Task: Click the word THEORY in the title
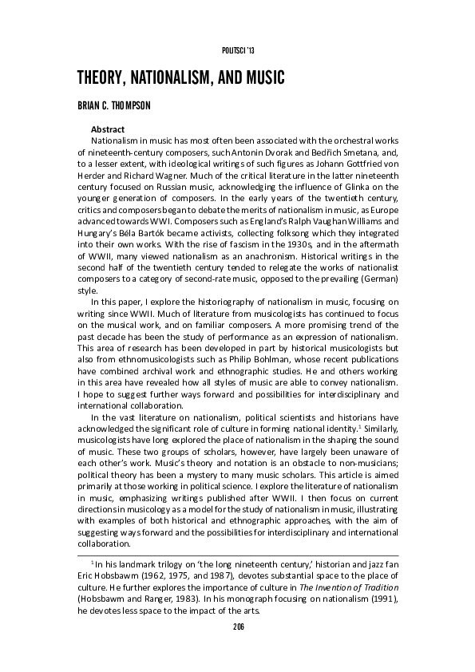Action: point(103,79)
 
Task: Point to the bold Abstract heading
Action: point(109,128)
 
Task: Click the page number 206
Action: point(237,627)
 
